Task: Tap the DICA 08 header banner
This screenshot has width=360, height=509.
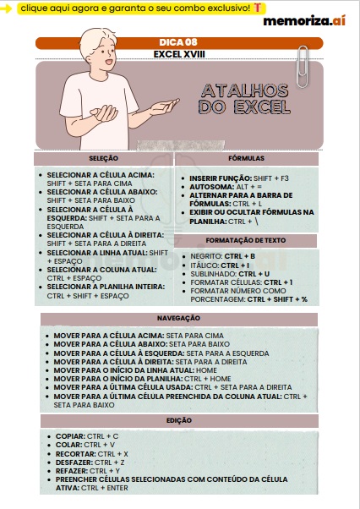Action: (x=178, y=42)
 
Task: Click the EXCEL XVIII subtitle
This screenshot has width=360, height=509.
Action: (x=178, y=53)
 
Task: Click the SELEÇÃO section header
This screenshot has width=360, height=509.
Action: (x=103, y=158)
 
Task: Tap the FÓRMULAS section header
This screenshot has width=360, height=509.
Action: (x=247, y=158)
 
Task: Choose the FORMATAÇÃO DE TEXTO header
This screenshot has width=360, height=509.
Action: (x=246, y=241)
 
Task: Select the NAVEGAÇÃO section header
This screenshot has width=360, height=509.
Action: (x=178, y=318)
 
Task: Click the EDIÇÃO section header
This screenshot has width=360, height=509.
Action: (x=178, y=420)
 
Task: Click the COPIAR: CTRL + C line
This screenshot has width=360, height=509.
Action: (x=87, y=436)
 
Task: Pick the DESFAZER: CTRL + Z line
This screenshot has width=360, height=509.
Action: (x=90, y=462)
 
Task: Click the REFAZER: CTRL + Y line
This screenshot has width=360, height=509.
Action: (x=89, y=471)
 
